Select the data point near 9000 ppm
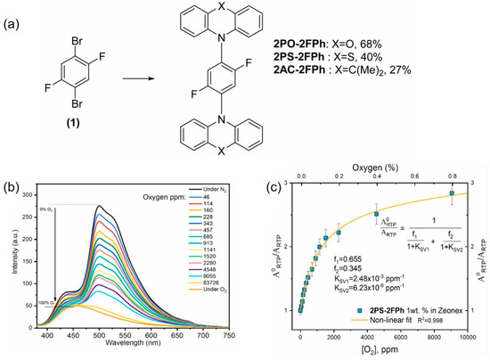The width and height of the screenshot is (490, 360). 452,193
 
